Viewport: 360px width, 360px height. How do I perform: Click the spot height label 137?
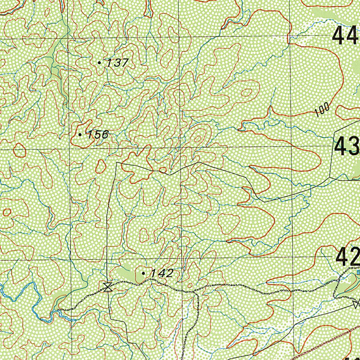coord(118,63)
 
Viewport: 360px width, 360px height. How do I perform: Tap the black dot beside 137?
coord(99,63)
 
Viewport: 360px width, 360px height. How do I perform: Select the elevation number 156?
coord(98,135)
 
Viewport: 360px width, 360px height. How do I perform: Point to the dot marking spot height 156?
coord(80,135)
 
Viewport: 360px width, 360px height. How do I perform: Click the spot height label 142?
coord(162,273)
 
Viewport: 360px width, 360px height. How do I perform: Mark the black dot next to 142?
coord(143,273)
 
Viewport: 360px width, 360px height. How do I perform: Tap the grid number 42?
coord(347,257)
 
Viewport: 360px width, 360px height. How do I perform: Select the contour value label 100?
coord(322,110)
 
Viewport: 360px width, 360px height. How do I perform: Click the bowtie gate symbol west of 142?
coord(108,287)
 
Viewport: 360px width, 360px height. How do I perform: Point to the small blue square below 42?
coord(358,272)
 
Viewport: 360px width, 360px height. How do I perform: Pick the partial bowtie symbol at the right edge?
coord(357,303)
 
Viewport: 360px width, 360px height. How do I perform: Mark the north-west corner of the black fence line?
coord(117,163)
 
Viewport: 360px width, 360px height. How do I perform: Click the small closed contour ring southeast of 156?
coord(101,166)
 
